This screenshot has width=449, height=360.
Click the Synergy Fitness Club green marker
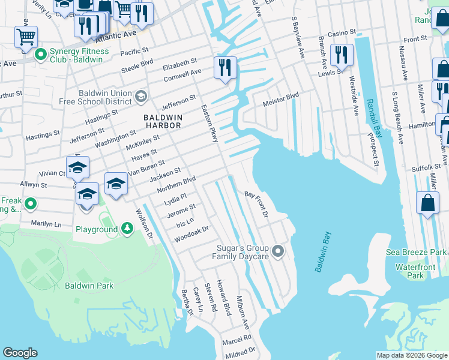(41, 56)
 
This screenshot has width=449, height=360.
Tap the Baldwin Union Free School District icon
(140, 96)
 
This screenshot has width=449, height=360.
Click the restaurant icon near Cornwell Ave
(225, 67)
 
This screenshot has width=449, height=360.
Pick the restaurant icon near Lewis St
(342, 55)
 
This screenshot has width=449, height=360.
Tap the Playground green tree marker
(127, 229)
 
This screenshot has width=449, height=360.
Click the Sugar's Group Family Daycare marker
(277, 251)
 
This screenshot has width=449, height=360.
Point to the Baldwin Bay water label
(322, 252)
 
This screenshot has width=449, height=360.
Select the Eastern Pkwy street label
(209, 123)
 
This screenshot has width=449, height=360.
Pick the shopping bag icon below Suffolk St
(427, 204)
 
